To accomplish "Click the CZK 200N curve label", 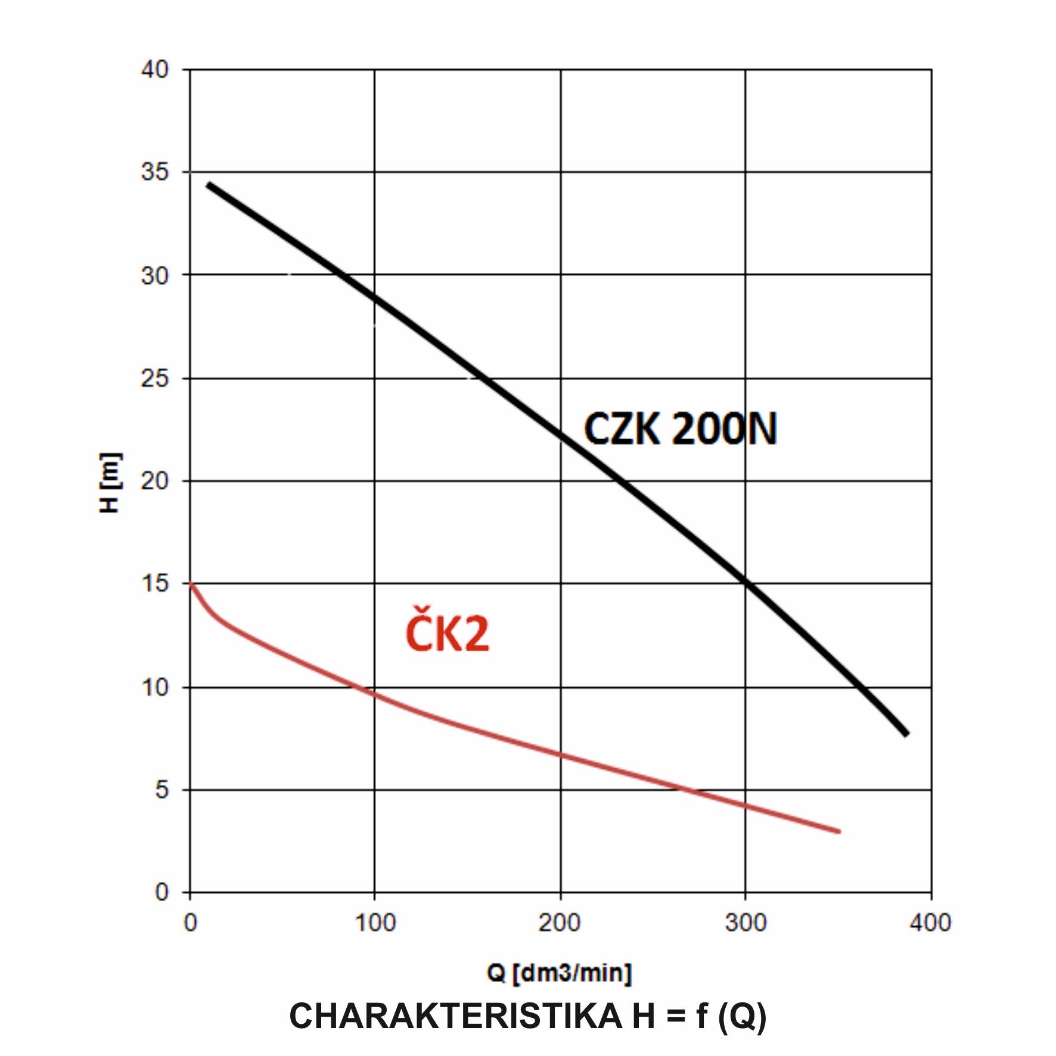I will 680,428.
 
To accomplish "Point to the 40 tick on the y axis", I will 154,70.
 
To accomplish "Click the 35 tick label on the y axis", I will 154,172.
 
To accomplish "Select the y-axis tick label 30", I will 154,275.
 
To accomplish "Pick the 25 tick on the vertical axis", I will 154,378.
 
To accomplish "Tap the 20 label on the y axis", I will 154,481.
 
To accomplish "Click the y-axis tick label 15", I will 154,583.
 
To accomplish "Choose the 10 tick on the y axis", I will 154,687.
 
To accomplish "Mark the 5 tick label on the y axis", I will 161,790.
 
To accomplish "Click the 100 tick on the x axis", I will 375,923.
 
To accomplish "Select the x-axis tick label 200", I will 560,923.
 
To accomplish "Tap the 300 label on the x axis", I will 745,923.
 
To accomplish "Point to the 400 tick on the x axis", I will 930,923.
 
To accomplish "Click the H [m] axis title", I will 110,483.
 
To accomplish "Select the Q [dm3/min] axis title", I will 559,973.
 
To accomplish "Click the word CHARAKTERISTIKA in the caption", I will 456,1016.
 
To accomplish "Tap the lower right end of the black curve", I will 906,734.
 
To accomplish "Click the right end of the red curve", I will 838,831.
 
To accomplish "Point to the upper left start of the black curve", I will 209,185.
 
